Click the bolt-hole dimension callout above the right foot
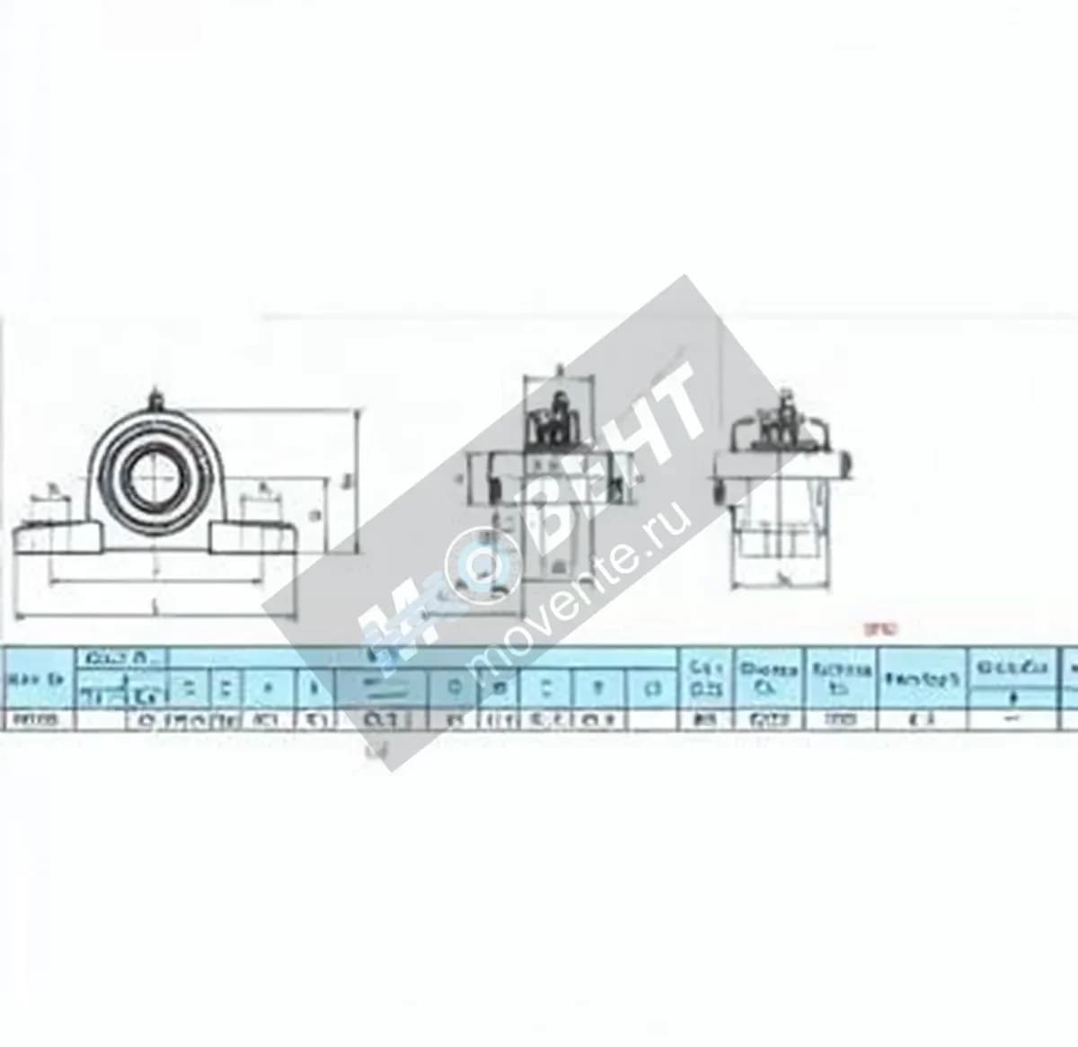pos(266,490)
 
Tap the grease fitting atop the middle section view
pos(558,370)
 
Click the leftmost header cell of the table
pos(36,679)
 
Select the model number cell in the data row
pos(36,720)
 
